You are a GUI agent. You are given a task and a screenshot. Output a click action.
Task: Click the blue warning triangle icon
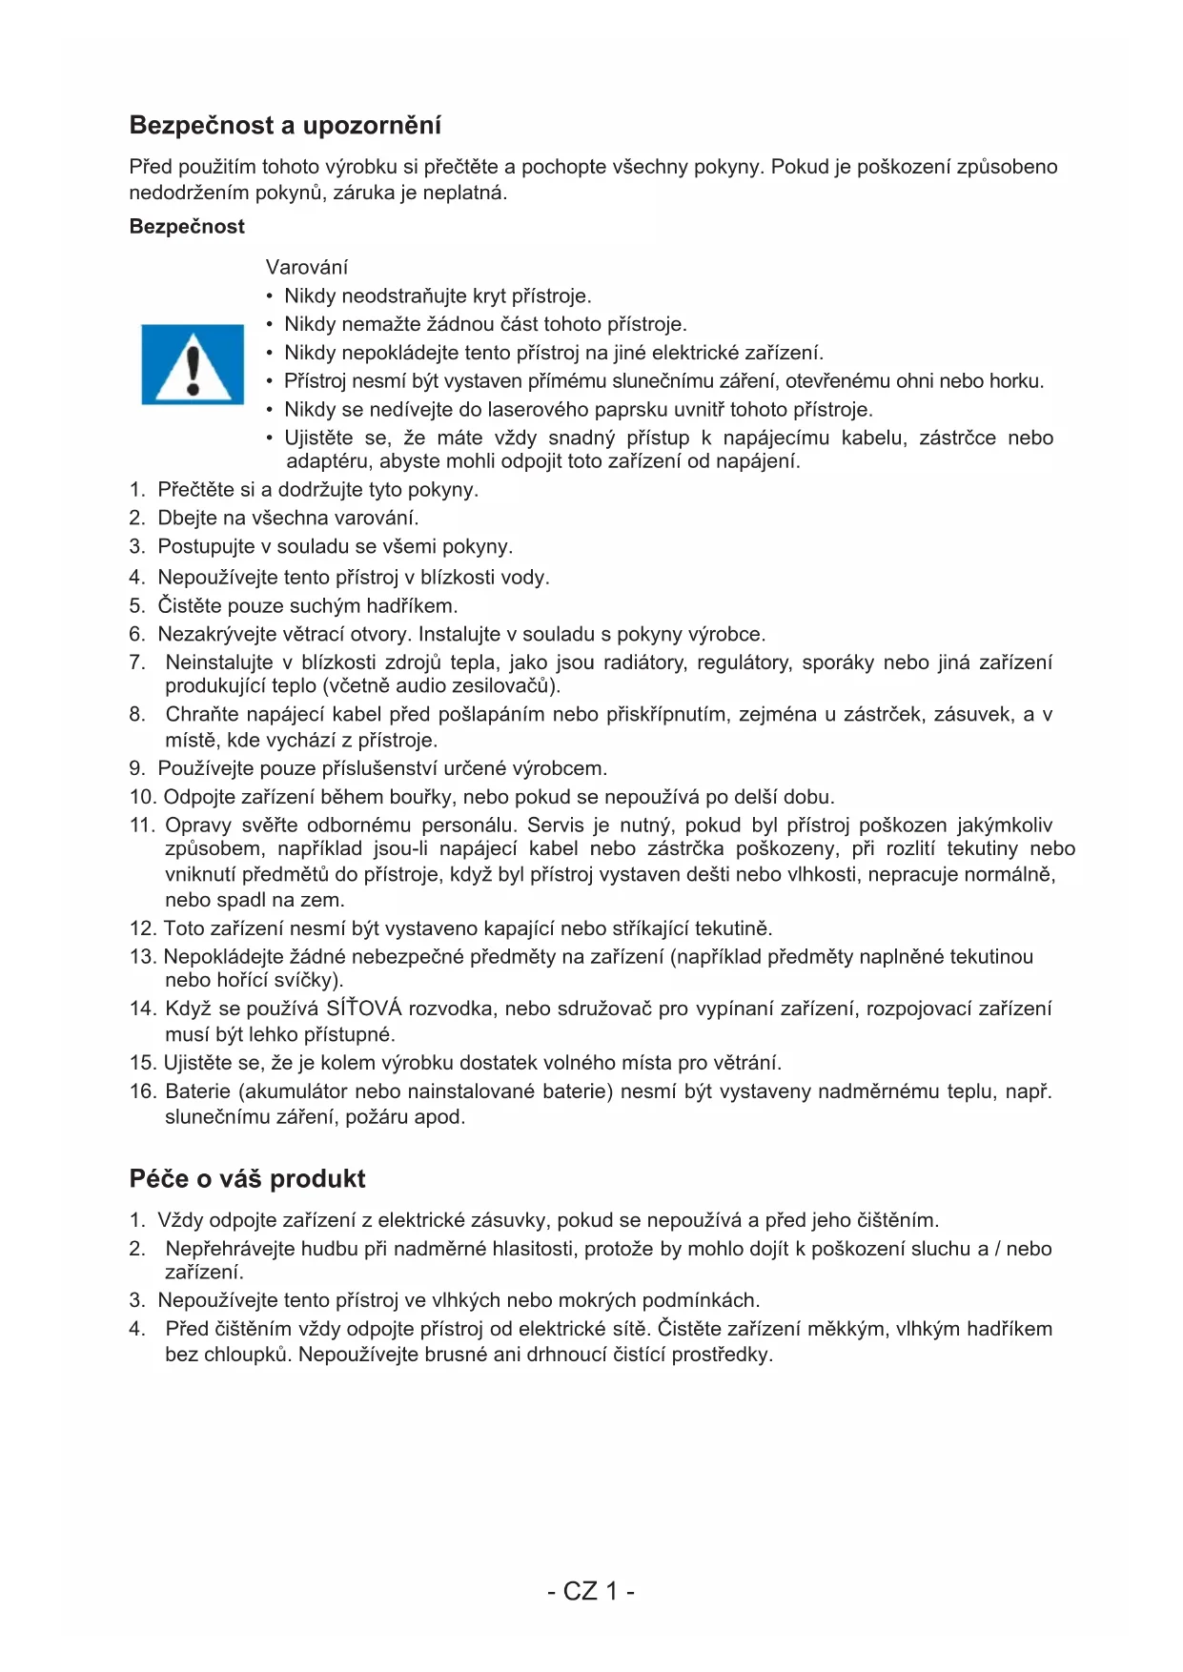[x=193, y=364]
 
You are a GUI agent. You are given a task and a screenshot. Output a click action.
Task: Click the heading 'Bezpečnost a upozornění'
[x=285, y=126]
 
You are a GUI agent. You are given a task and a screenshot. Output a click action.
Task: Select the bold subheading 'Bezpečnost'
[x=187, y=227]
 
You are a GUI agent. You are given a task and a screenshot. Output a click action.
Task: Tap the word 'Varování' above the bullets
[x=307, y=267]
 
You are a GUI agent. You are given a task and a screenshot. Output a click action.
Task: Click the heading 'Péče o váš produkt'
[x=247, y=1179]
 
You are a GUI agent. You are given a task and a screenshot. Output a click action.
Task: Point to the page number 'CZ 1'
[x=591, y=1591]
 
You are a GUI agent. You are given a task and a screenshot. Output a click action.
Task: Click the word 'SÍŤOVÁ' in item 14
[x=364, y=1009]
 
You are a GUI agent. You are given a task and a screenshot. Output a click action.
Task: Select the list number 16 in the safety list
[x=142, y=1091]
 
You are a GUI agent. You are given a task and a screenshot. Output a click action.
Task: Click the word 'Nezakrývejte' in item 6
[x=215, y=635]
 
